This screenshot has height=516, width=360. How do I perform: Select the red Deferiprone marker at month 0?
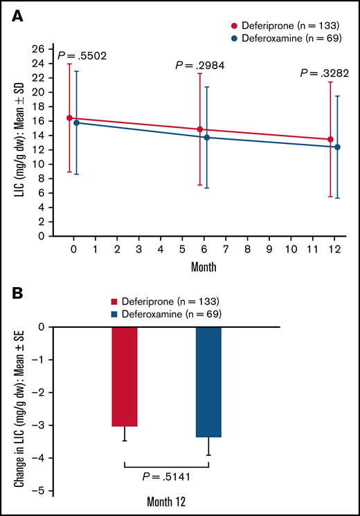69,118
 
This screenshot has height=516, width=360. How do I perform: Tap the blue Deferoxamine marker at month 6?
207,138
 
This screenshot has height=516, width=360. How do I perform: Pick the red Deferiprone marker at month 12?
330,140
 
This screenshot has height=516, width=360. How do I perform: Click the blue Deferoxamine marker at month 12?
337,147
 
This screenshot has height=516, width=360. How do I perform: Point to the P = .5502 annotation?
81,55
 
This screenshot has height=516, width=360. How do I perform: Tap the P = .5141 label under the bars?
166,476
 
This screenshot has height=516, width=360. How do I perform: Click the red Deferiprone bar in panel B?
125,376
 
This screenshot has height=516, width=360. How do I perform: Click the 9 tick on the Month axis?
269,248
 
